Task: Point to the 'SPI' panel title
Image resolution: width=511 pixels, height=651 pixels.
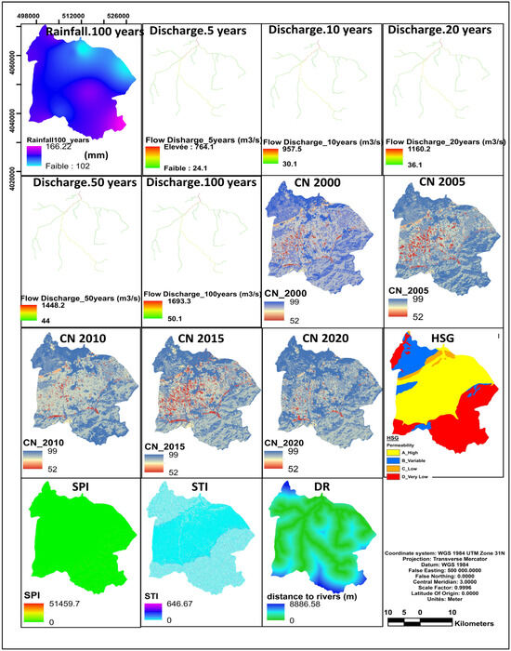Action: (x=78, y=487)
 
